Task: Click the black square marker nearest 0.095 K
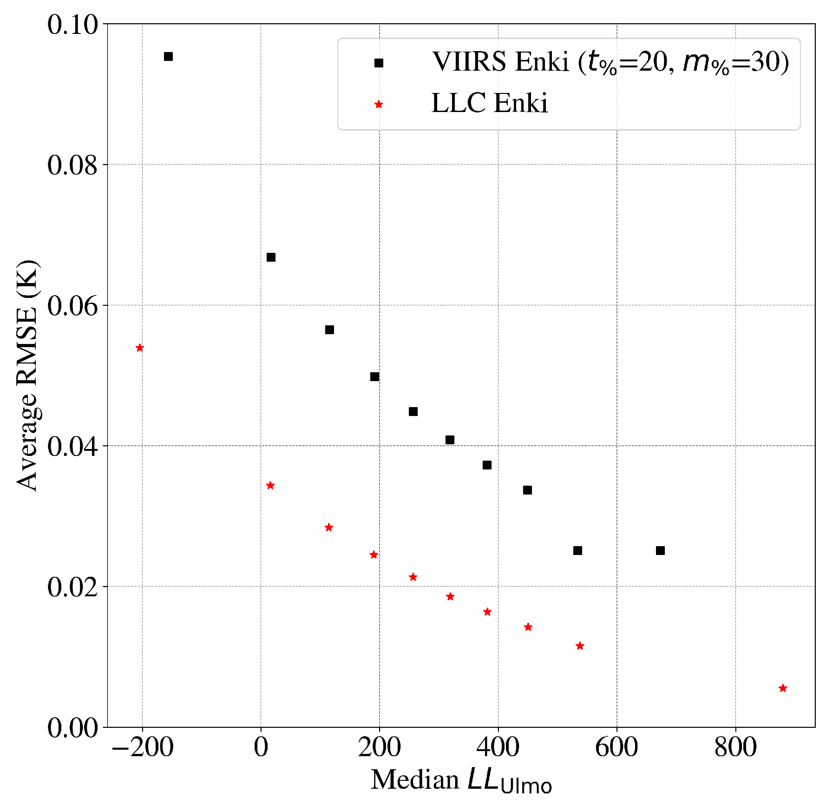[168, 57]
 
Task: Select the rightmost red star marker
[783, 688]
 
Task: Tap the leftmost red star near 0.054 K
[139, 348]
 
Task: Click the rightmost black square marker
[660, 551]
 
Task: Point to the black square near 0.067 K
[271, 257]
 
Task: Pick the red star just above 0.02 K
[413, 577]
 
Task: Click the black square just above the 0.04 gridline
[450, 440]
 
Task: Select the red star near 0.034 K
[270, 486]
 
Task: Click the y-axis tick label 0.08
[73, 165]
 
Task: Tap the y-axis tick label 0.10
[73, 24]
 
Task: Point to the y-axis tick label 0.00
[73, 728]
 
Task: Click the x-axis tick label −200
[143, 748]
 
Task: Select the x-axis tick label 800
[735, 748]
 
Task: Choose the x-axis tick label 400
[498, 748]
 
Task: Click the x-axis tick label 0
[261, 748]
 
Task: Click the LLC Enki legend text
[489, 103]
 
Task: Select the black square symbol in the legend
[379, 63]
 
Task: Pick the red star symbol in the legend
[379, 105]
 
